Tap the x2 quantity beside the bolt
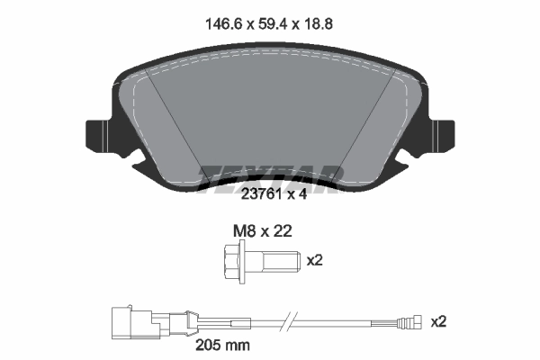(314, 261)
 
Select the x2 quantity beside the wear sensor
(439, 321)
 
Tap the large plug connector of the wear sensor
(127, 320)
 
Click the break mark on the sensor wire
(287, 321)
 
